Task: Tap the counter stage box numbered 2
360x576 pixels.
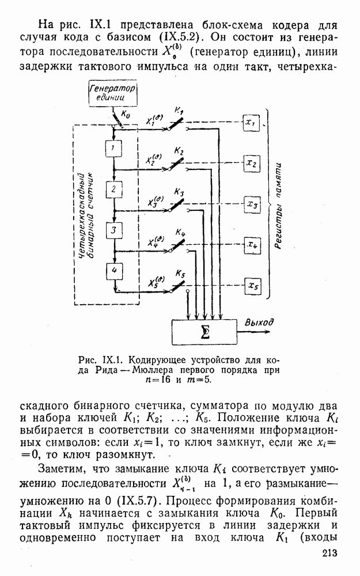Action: point(115,190)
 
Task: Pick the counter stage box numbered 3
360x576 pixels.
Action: point(115,230)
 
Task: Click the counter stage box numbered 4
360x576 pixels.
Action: point(115,270)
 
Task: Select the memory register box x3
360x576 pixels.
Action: point(252,204)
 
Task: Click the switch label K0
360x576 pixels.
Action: point(126,115)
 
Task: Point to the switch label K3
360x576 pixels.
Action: point(179,192)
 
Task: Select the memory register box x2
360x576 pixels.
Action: point(252,164)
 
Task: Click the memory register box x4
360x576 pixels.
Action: point(252,245)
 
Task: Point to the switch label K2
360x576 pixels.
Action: point(179,151)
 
